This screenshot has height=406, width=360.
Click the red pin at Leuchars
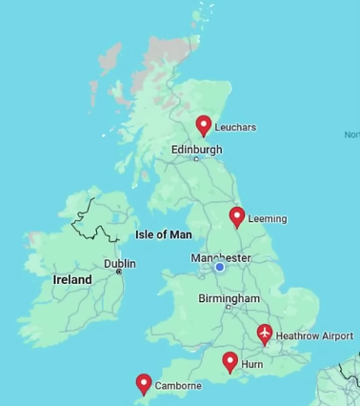[x=203, y=125]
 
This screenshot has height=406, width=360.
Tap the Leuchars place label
[x=235, y=127]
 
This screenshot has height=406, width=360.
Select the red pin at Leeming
[x=237, y=216]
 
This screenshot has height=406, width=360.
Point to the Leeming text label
[x=267, y=218]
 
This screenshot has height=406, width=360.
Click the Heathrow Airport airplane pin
[x=265, y=334]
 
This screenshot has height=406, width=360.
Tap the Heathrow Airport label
[x=314, y=336]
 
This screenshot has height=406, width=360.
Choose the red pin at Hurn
[x=230, y=361]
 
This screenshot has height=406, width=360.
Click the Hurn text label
[x=252, y=364]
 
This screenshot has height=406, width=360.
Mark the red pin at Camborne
[x=144, y=383]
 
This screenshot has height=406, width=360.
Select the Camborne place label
[x=179, y=386]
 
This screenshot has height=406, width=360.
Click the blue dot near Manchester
[x=219, y=268]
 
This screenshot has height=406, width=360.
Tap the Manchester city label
[x=221, y=258]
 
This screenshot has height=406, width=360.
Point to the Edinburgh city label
[x=196, y=150]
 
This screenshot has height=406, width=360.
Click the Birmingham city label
[x=229, y=298]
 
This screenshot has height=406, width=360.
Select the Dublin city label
[x=120, y=263]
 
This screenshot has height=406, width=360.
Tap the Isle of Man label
[x=164, y=234]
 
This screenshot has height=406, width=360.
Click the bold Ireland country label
[x=72, y=280]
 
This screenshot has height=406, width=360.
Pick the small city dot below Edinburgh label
[x=197, y=159]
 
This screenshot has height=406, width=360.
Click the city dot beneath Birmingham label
[x=228, y=308]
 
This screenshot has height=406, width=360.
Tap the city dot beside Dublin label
[x=119, y=273]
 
